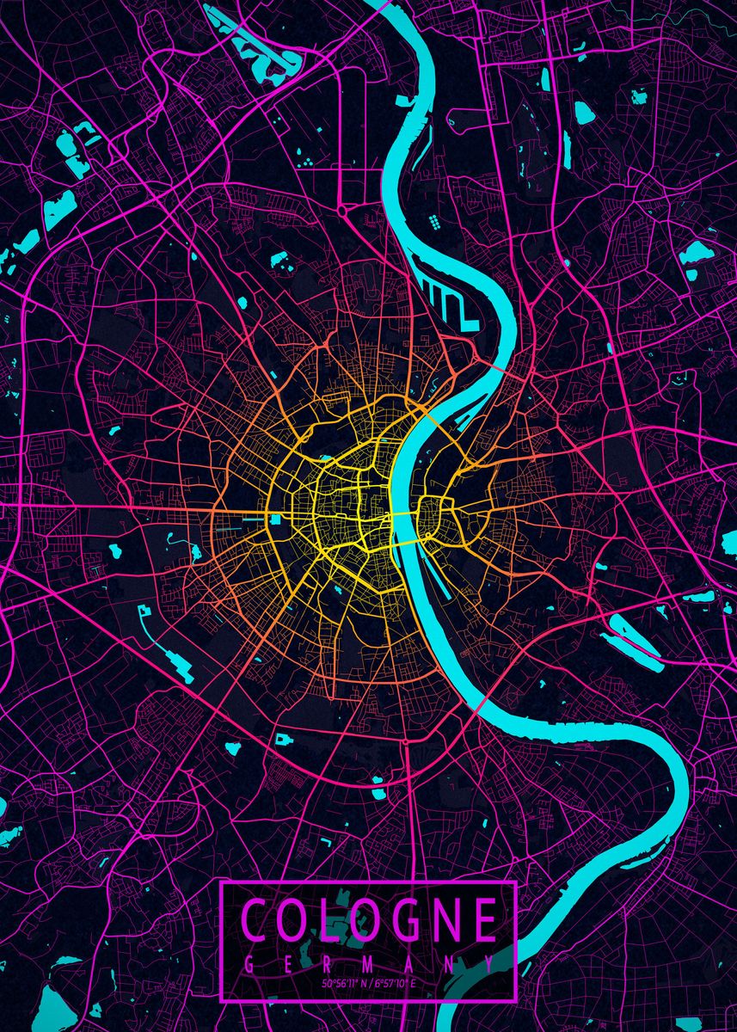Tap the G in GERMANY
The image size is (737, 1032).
click(x=249, y=965)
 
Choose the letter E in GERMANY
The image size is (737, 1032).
click(x=287, y=965)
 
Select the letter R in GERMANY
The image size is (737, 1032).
click(x=327, y=965)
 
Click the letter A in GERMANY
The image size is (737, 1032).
click(x=408, y=965)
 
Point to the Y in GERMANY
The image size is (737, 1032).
click(x=488, y=965)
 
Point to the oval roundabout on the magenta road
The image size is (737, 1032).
click(x=343, y=208)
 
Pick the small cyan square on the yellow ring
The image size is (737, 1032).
click(x=276, y=519)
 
